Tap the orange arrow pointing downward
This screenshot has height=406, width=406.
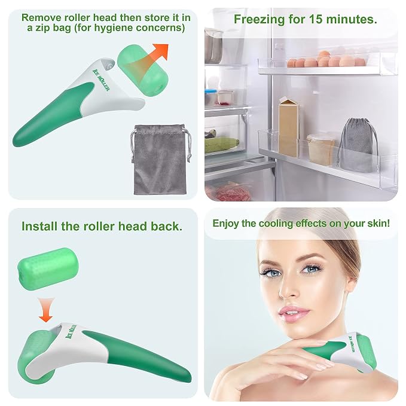[x=46, y=310]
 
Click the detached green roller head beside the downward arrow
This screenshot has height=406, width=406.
[x=48, y=269]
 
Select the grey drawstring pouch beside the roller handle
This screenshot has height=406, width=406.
[x=160, y=159]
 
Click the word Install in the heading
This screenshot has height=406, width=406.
[x=39, y=226]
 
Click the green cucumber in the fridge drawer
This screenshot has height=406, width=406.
[x=221, y=144]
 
